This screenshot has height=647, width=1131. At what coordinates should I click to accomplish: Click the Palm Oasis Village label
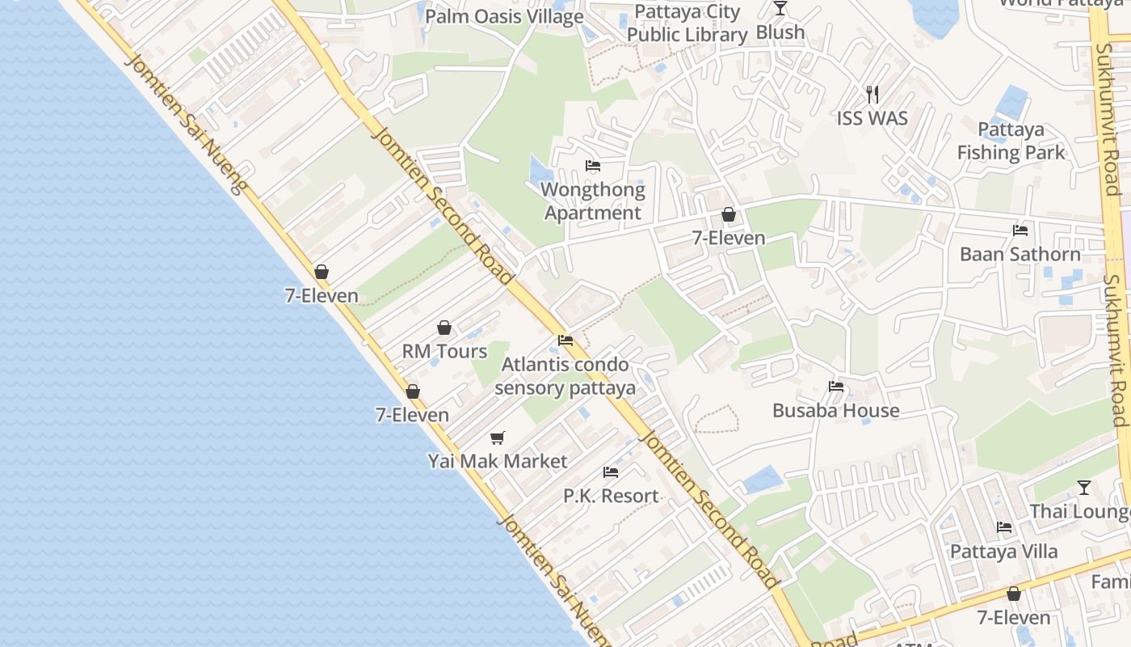coord(504,16)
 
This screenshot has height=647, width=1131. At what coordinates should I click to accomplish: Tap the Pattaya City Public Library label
coord(687,23)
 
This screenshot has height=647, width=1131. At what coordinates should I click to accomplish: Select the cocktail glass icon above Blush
coord(780,8)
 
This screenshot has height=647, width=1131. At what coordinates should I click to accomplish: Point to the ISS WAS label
coord(872,118)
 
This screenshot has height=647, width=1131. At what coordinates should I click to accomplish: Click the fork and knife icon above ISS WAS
coord(872,95)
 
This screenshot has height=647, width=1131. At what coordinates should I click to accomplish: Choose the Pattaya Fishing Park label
coord(1011,141)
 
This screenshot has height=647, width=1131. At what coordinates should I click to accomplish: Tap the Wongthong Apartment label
coord(593,201)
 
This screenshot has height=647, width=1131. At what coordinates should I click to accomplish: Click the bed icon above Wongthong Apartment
coord(593,167)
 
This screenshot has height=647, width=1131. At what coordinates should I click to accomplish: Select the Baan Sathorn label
coord(1020,254)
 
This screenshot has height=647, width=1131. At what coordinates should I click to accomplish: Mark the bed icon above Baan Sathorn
coord(1020,230)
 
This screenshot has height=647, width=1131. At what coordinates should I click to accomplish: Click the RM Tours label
coord(444,351)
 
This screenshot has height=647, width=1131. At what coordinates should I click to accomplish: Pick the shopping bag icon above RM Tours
coord(444,328)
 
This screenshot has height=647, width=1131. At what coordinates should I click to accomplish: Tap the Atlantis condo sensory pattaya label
coord(565,376)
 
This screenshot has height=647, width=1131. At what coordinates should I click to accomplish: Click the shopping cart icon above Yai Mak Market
coord(498,438)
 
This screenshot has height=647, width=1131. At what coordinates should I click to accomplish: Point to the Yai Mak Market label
coord(498,461)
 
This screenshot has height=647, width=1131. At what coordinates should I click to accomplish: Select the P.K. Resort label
coord(611,496)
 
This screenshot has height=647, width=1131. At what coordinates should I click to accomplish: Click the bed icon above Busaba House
coord(836,387)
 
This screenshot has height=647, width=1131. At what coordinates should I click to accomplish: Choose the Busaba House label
coord(836,410)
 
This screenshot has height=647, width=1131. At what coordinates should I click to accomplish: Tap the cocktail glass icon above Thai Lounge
coord(1084,488)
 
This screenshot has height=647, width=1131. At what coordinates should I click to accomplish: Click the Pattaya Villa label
coord(1003,552)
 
